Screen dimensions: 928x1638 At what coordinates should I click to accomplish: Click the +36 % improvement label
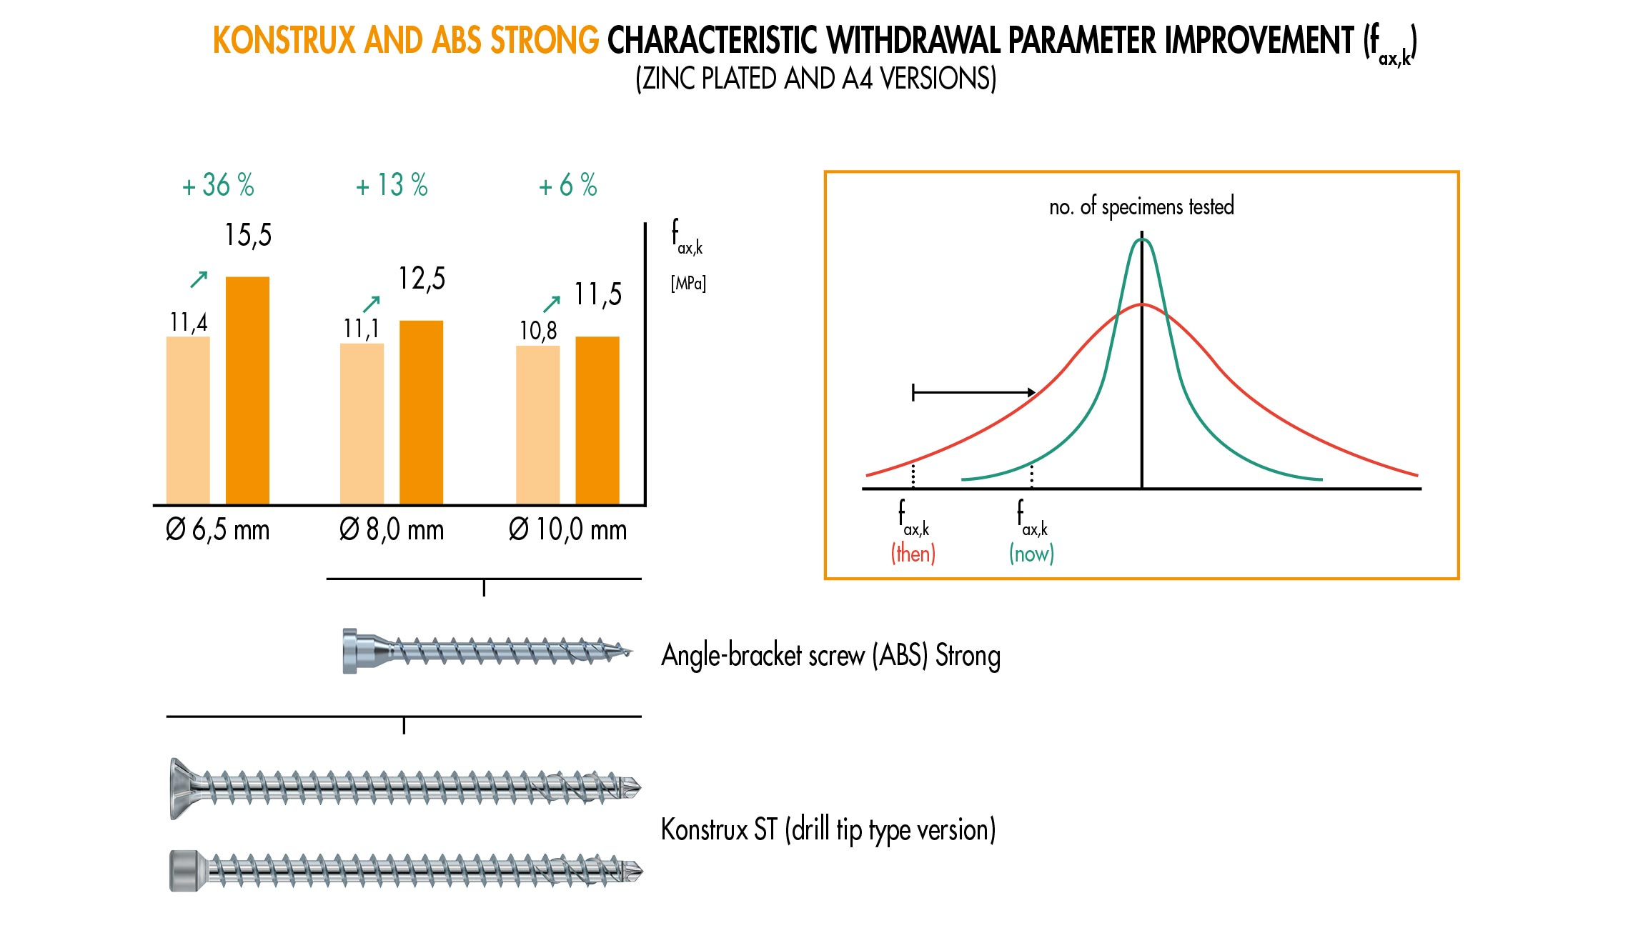(218, 185)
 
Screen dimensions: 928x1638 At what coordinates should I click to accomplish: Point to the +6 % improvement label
(567, 185)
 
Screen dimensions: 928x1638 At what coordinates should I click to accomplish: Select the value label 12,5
(422, 279)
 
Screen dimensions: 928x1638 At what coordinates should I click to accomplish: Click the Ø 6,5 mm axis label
(217, 530)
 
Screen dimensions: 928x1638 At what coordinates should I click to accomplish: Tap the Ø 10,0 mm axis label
(567, 530)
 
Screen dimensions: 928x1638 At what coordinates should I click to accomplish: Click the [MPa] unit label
(688, 284)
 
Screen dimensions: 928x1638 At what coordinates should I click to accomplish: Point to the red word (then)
(913, 554)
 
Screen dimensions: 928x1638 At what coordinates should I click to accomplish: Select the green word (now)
(1031, 554)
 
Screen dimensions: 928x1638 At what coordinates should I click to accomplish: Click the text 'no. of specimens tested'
(1141, 206)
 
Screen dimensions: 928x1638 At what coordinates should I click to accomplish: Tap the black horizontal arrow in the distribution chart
(973, 392)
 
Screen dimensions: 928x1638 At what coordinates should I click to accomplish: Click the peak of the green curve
(1142, 240)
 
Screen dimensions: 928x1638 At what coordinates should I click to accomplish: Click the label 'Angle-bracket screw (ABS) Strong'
(830, 656)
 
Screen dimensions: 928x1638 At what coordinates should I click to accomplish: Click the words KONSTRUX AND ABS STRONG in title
(406, 41)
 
